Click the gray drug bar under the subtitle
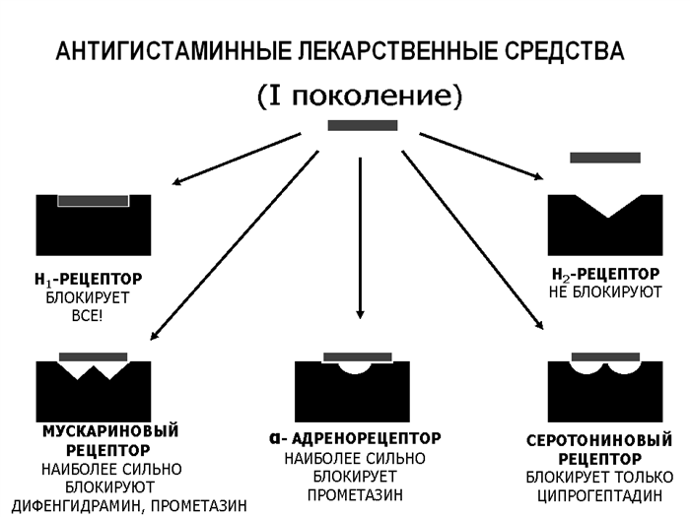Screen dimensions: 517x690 pos(362,125)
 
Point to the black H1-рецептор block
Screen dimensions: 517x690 pos(94,231)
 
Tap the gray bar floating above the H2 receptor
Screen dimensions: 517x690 pos(604,158)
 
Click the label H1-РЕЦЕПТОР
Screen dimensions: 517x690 pos(94,279)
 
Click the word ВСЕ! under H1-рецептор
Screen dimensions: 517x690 pos(94,314)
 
